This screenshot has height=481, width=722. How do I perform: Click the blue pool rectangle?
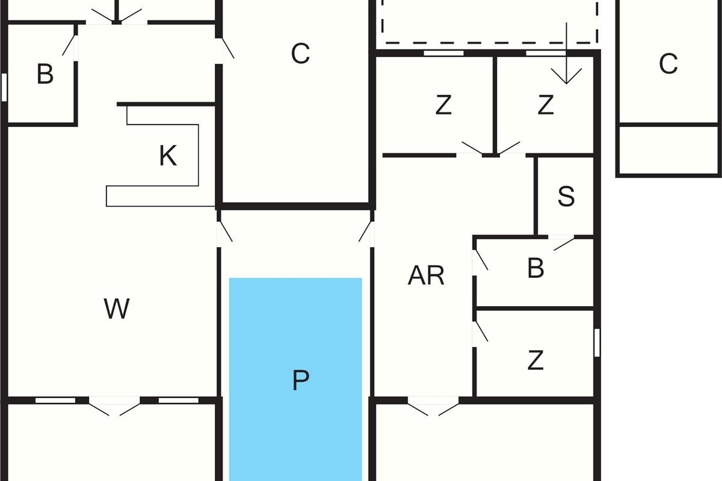pos(295,379)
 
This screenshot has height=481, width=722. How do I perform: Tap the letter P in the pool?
pos(301,380)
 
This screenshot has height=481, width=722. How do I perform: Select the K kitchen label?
pos(168,156)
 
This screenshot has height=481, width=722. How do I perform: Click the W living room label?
pos(117,308)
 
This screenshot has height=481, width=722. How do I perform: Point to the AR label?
pos(426,275)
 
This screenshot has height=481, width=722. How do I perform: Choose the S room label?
pos(566,196)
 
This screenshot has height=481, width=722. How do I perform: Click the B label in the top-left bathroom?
pos(45,74)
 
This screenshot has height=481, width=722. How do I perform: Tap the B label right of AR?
pos(535,268)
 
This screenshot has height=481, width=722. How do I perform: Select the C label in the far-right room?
pos(668,64)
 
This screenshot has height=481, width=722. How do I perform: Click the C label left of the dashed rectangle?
pos(300,54)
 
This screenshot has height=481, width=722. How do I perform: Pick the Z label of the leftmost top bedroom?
pos(443,105)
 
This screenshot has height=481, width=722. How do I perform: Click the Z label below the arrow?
pos(546,105)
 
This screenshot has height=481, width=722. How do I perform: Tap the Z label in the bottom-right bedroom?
pos(535,361)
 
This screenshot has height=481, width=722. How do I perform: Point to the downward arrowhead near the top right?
pos(566,76)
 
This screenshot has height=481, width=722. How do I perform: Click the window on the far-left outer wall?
pos(4,87)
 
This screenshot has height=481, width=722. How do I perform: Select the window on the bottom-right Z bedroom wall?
pos(597,343)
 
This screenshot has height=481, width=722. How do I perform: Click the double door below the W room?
pos(114,406)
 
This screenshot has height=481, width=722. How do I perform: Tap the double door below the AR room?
pos(433,406)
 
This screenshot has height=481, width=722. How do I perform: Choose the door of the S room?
pos(562,242)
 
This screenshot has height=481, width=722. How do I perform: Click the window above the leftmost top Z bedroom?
pos(443,53)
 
